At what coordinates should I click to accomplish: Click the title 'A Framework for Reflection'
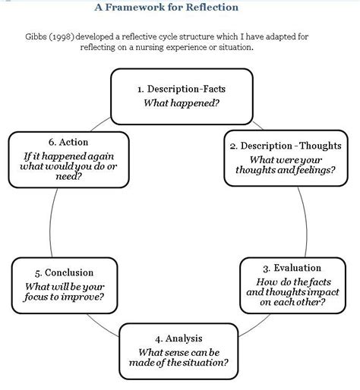(166, 8)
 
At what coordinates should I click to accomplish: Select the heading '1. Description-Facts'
(182, 89)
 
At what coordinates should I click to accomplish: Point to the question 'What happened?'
(182, 102)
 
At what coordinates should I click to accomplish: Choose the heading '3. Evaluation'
(292, 268)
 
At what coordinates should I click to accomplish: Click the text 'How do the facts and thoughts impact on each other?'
(292, 290)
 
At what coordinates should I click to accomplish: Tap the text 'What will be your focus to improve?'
(65, 291)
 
